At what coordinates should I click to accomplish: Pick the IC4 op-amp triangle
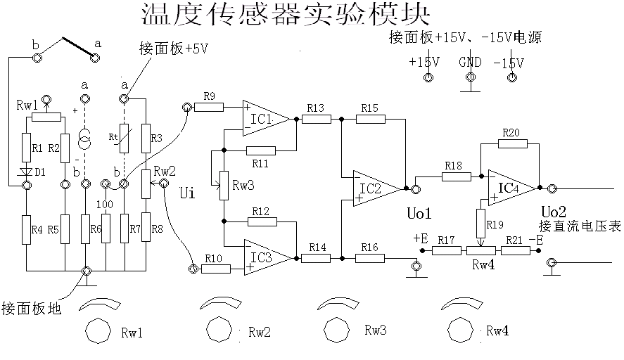click(509, 188)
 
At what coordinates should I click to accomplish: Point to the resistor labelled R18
click(455, 176)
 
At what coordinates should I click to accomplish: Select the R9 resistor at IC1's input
click(209, 107)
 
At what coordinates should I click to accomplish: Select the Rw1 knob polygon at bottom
click(98, 330)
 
